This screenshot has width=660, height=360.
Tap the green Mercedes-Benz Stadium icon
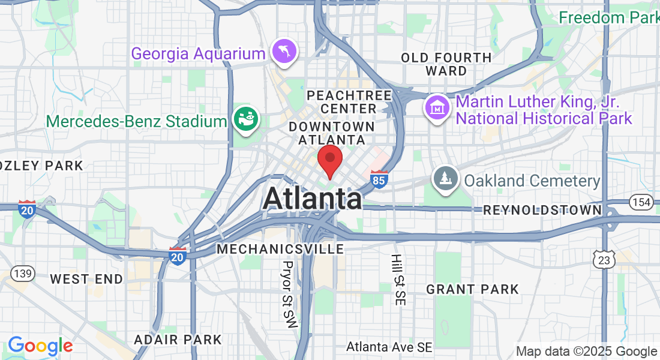coord(246,119)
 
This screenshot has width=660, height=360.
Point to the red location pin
coord(329,159)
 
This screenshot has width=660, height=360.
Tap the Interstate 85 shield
coord(379,179)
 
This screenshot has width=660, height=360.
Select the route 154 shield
coord(641,203)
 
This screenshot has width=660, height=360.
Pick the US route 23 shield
coord(603,259)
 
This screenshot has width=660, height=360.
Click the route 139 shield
coord(22,274)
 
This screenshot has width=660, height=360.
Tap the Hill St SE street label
coord(397,280)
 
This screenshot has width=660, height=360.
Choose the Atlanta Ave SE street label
coord(389,347)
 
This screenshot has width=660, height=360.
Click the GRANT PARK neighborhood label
coord(472,290)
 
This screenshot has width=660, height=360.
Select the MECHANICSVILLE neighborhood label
coord(281,248)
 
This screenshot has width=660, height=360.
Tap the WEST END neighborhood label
coord(86,279)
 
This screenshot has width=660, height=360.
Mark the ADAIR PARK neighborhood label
coord(178,340)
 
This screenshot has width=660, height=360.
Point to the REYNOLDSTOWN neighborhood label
coord(542,210)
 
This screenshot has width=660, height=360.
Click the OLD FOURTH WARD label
coord(446,64)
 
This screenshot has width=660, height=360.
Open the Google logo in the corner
coord(40,346)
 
